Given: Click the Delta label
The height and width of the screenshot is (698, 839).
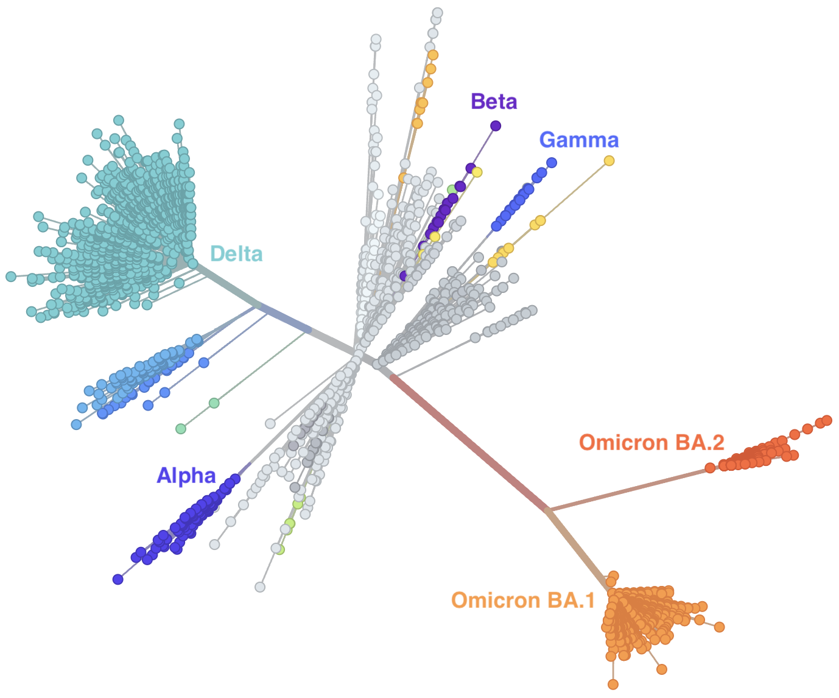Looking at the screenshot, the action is click(236, 254).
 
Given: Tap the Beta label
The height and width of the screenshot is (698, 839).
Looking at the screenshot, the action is click(494, 101).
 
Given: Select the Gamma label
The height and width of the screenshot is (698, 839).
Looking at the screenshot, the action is click(578, 140).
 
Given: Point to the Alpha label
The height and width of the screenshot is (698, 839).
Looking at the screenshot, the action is click(186, 476).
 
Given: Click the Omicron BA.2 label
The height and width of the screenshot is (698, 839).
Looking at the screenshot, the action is click(651, 442).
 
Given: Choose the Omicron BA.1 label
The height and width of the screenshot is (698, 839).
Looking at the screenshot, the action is click(523, 601).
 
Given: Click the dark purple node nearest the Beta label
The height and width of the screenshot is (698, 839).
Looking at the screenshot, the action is click(496, 126).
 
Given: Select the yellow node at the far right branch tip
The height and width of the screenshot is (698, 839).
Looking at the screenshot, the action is click(609, 161).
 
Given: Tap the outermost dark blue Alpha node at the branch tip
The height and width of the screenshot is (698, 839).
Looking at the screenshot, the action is click(118, 579).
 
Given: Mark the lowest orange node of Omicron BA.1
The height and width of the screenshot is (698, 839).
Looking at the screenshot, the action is click(613, 685).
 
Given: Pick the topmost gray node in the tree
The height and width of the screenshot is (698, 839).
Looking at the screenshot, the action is click(438, 12).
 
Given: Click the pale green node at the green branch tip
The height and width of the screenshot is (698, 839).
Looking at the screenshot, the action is click(181, 429).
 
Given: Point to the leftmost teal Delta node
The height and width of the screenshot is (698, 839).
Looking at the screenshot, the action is click(11, 277).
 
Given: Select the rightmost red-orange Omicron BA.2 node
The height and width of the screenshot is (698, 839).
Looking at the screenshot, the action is click(827, 421).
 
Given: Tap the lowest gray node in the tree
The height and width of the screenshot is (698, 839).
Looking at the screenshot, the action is click(260, 587).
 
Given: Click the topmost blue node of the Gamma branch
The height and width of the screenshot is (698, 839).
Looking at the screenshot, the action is click(552, 163).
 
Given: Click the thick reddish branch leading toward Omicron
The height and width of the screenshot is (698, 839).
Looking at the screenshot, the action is click(469, 443).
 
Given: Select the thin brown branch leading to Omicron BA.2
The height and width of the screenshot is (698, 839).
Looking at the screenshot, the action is click(628, 490).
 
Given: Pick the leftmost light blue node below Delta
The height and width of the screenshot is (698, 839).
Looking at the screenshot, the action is click(76, 424).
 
